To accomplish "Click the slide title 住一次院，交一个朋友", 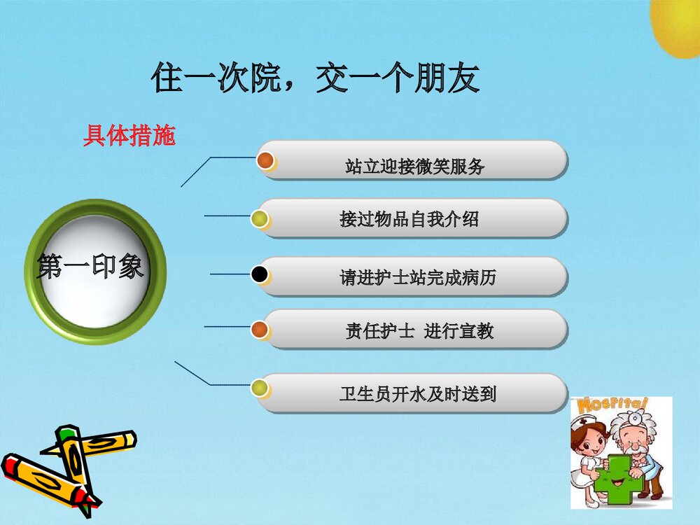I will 316,79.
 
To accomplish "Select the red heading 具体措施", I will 129,136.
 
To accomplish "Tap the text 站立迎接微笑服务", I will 414,167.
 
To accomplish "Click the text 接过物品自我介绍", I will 409,219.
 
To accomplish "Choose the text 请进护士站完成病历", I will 418,278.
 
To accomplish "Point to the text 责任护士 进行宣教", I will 419,331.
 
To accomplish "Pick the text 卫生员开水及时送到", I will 418,394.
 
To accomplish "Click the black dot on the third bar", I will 260,275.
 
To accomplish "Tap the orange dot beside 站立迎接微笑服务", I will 265,160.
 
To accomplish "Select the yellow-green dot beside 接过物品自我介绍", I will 260,219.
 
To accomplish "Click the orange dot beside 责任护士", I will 259,328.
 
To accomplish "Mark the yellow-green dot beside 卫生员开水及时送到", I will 260,386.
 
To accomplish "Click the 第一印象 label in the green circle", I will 90,267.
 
